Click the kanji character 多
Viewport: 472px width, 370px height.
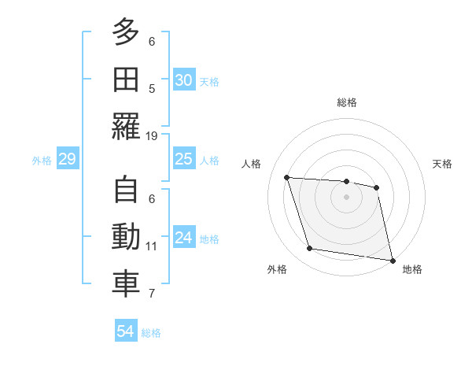[x=125, y=34]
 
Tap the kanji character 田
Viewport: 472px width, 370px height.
[x=125, y=80]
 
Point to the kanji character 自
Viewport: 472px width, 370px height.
[x=125, y=191]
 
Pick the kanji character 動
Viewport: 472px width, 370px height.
[x=125, y=238]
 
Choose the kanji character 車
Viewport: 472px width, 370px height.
[x=125, y=284]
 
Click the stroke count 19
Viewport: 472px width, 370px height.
[x=152, y=135]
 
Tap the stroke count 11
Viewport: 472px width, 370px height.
[x=152, y=246]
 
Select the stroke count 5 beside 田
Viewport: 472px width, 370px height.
[x=152, y=88]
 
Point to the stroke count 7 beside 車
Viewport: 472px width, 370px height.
[x=152, y=294]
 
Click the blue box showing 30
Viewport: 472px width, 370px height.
[x=183, y=80]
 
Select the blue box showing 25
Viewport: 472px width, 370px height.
[x=183, y=159]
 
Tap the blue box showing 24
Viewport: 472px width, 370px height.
[x=183, y=238]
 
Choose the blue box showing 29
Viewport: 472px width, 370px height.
[x=67, y=160]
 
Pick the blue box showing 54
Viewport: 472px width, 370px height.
[x=125, y=331]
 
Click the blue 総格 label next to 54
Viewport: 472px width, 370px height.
[x=151, y=333]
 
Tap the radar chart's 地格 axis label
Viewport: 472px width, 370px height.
[x=412, y=269]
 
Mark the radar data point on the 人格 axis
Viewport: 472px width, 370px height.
[x=287, y=178]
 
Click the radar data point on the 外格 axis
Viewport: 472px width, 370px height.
[x=310, y=249]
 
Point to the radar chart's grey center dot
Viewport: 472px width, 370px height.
[x=346, y=197]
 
